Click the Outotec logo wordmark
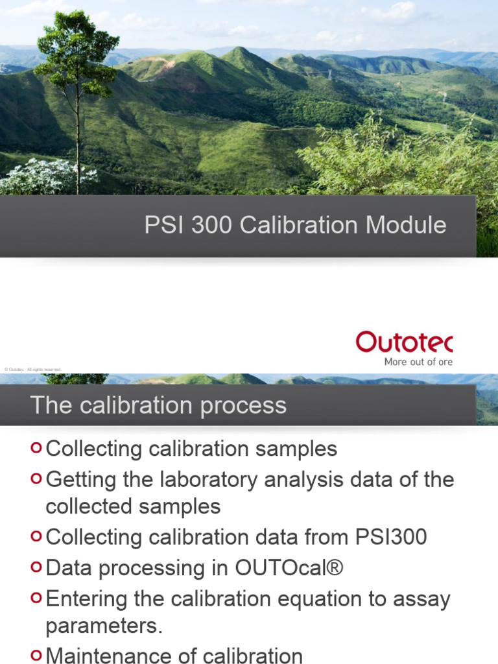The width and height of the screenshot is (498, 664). tap(404, 342)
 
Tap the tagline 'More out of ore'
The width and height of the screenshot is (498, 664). tap(418, 362)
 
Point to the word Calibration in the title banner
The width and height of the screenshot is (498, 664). tap(298, 226)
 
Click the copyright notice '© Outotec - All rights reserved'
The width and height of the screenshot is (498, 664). tap(32, 370)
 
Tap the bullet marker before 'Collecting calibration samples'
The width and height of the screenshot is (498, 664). tap(36, 447)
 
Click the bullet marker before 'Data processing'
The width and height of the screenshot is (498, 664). tap(36, 567)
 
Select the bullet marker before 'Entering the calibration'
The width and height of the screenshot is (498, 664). tap(36, 598)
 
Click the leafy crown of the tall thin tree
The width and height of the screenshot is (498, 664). tap(77, 49)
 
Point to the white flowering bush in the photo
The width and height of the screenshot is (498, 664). tap(45, 177)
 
